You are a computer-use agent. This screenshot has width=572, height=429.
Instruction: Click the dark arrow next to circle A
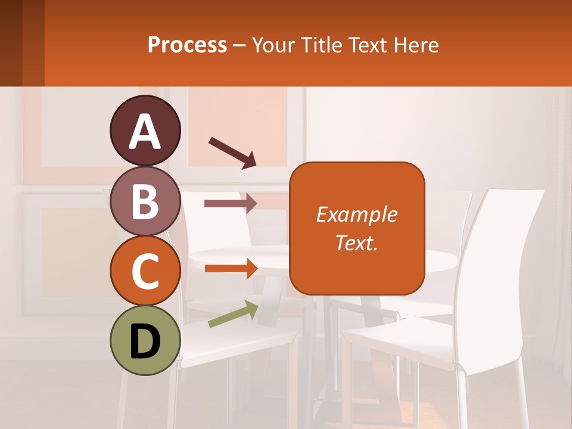point(232,152)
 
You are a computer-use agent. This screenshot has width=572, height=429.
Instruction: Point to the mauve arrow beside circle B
point(231,203)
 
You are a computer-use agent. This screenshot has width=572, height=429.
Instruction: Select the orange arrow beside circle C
point(231,268)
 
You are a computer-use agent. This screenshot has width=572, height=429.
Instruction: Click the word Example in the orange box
point(356,214)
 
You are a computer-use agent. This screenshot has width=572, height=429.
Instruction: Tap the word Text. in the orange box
point(356,243)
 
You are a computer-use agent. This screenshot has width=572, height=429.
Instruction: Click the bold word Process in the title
point(187,45)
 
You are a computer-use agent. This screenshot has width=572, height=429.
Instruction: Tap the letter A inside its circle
point(145,132)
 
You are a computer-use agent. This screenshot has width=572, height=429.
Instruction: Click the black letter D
point(145,341)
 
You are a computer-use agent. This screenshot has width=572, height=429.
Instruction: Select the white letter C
point(145,272)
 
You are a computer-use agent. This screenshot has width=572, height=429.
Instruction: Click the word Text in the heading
point(368,45)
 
